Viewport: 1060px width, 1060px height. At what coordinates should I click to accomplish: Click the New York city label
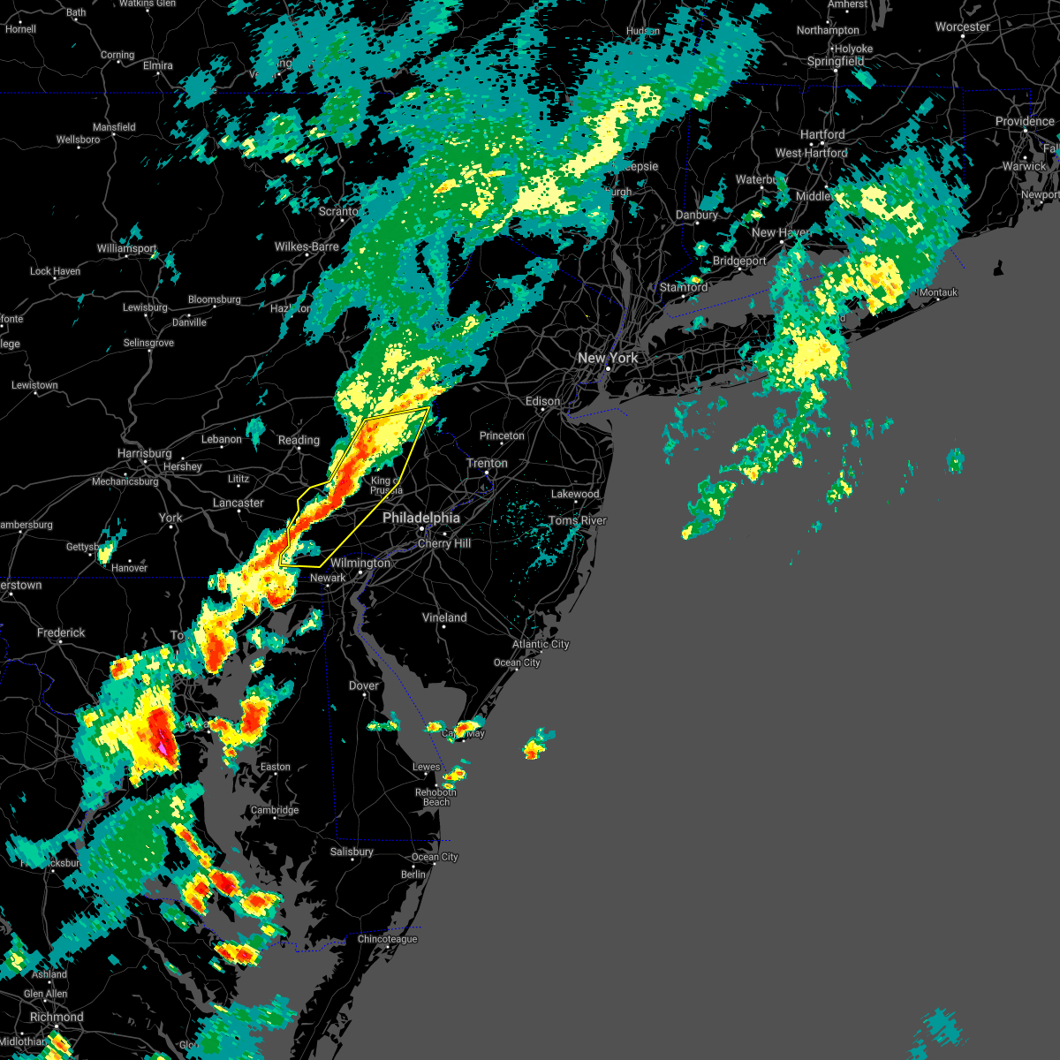[x=607, y=358]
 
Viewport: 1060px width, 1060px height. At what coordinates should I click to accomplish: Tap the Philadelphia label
[x=421, y=519]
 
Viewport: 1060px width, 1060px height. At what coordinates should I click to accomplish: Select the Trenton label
[x=487, y=463]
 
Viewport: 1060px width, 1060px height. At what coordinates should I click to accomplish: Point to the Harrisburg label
[x=144, y=453]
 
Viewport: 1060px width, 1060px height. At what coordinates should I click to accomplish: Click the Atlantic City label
[x=541, y=644]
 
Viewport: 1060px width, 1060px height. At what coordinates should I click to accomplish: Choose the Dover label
[x=364, y=685]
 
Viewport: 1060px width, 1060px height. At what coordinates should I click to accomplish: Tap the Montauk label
[x=938, y=292]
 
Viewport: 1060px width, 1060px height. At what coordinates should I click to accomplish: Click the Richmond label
[x=57, y=1017]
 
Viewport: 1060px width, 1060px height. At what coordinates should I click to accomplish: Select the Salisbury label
[x=352, y=852]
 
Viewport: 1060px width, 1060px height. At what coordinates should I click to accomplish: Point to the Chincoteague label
[x=387, y=939]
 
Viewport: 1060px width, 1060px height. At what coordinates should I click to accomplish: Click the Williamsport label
[x=126, y=249]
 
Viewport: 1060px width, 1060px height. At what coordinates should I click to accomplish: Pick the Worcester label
[x=962, y=27]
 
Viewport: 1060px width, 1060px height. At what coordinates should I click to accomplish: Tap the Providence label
[x=1025, y=122]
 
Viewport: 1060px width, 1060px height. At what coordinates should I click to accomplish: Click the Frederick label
[x=61, y=632]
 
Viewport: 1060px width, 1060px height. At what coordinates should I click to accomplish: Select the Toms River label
[x=578, y=520]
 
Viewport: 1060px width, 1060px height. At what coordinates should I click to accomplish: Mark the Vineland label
[x=444, y=617]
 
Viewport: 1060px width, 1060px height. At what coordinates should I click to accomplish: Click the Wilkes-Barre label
[x=307, y=246]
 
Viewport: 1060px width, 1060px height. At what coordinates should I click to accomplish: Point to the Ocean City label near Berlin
[x=435, y=857]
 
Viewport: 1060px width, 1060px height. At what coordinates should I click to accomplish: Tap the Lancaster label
[x=238, y=503]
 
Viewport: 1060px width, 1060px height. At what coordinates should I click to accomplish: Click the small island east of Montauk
[x=999, y=267]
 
